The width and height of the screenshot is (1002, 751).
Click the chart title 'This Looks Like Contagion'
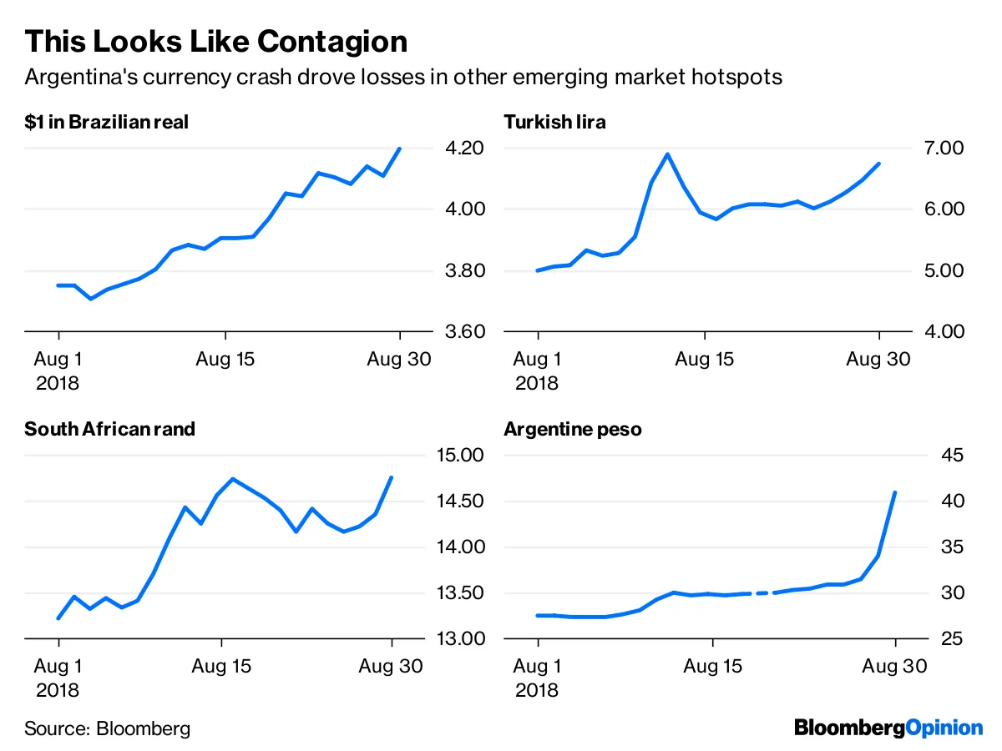click(x=215, y=41)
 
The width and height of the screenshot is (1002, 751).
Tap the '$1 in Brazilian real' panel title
click(x=107, y=122)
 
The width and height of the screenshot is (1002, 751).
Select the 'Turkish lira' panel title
click(x=554, y=122)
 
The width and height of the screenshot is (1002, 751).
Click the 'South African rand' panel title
click(x=109, y=430)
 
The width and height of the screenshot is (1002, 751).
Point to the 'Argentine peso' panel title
click(x=573, y=430)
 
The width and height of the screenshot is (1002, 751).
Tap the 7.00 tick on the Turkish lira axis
click(x=941, y=149)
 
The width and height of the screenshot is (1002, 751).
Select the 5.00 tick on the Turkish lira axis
click(x=941, y=271)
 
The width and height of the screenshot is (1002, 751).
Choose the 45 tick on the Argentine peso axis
click(x=953, y=456)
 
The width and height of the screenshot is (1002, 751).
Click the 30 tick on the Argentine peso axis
click(x=953, y=593)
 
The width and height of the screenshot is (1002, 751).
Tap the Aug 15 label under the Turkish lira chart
click(x=704, y=360)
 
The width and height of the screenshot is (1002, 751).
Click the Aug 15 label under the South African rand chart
click(x=221, y=667)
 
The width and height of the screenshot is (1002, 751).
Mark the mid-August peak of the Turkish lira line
click(x=667, y=154)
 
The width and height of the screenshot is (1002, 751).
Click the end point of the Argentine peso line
click(x=895, y=492)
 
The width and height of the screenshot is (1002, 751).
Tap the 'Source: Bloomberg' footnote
click(x=107, y=728)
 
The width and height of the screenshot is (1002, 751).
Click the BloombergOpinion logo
click(x=888, y=728)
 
